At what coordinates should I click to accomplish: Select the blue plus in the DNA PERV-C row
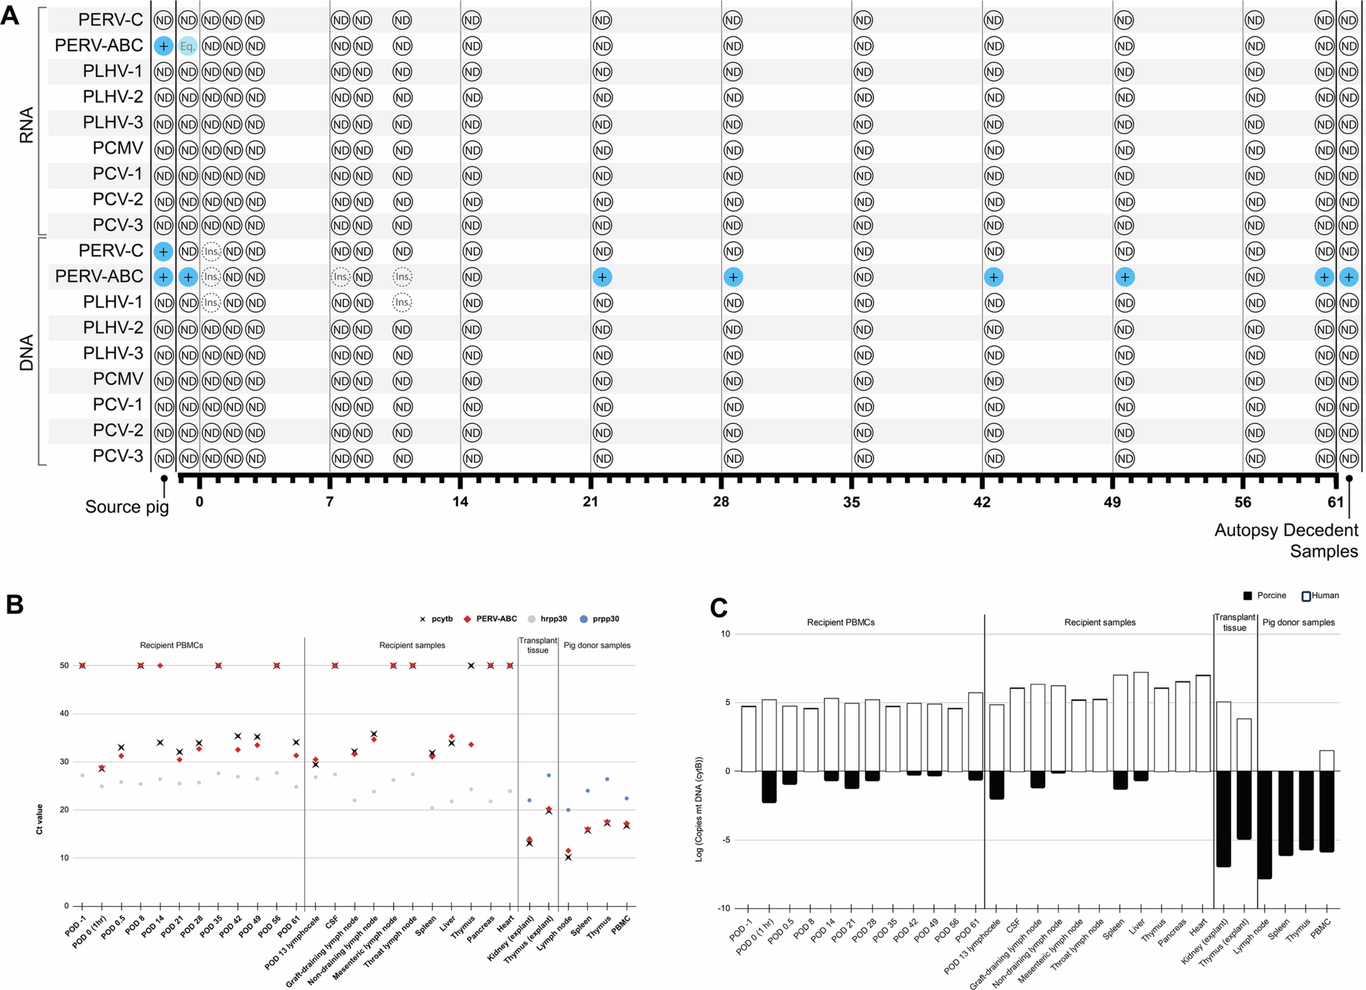[163, 251]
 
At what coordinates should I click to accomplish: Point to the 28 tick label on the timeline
[721, 502]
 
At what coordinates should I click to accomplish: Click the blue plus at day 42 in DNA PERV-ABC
[993, 277]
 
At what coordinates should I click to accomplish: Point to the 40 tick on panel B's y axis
[64, 714]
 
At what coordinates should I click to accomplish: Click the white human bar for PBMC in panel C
[1326, 761]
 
